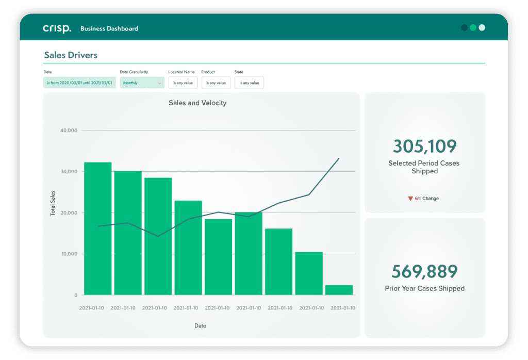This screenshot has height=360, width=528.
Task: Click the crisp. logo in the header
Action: [57, 29]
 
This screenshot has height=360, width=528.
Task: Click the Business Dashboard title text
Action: [109, 29]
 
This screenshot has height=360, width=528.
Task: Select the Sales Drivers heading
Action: [71, 55]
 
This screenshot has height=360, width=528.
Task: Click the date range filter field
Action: [79, 83]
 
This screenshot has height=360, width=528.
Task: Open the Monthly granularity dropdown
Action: [142, 83]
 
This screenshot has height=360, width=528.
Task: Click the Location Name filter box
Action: [183, 83]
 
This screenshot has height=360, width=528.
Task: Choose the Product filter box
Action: [216, 83]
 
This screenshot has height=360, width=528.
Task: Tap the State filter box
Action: [249, 83]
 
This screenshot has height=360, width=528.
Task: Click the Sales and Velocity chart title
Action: [197, 103]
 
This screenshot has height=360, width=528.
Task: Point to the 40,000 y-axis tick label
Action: [69, 130]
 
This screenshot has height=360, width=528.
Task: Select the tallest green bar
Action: [97, 228]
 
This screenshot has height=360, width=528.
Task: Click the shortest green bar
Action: [339, 290]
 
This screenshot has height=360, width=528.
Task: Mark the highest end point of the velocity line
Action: [339, 158]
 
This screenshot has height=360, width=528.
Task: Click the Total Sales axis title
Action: [53, 203]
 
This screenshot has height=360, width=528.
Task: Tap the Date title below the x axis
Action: [201, 325]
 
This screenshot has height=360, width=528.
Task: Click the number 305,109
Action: [425, 146]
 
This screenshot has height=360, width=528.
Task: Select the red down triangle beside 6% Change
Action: [410, 199]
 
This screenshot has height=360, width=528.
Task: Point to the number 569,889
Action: [425, 271]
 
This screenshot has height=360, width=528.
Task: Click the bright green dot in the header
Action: [473, 28]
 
